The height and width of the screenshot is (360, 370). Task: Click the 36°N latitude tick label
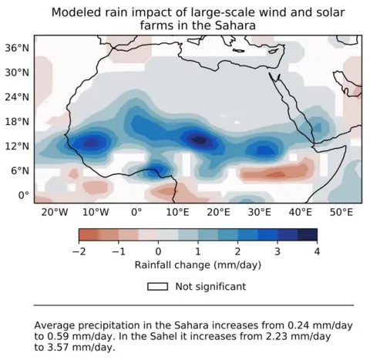pos(18,47)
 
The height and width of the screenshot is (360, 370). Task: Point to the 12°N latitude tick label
pos(18,146)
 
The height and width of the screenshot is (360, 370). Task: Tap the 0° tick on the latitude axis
pos(25,195)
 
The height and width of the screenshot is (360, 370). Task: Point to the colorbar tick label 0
pos(158,252)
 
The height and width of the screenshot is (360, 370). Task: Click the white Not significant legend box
pos(158,287)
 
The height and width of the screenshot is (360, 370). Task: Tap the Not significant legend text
pos(210,287)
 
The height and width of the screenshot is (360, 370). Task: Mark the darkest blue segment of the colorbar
pos(308,234)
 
